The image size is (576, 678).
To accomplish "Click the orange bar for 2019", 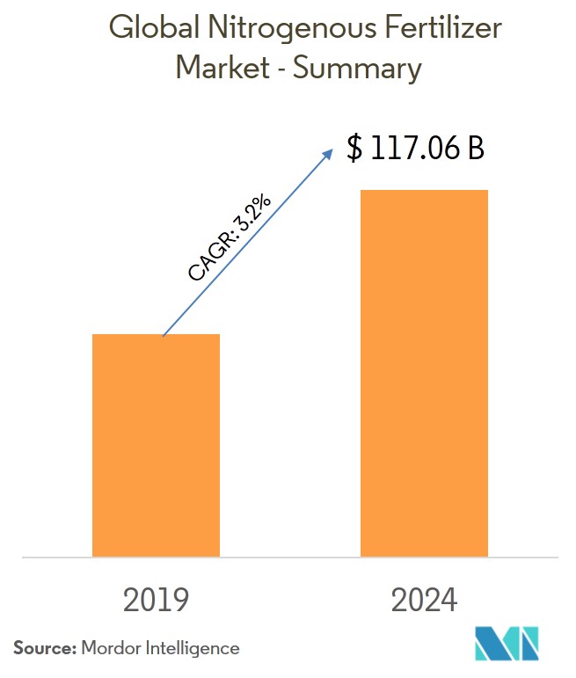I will pos(156,445).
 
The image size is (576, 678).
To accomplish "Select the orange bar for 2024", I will pos(424,373).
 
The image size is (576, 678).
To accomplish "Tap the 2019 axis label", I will pos(156,600).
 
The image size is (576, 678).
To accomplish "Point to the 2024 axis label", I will pos(424,600).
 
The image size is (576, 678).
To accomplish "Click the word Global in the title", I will pos(154,30).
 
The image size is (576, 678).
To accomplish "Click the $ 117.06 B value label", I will pos(415,149).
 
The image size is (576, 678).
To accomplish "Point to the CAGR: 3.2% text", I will pos(230,238).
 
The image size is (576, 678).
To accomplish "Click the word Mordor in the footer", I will pos(111,648).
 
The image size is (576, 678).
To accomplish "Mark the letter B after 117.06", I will pos(475,149).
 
